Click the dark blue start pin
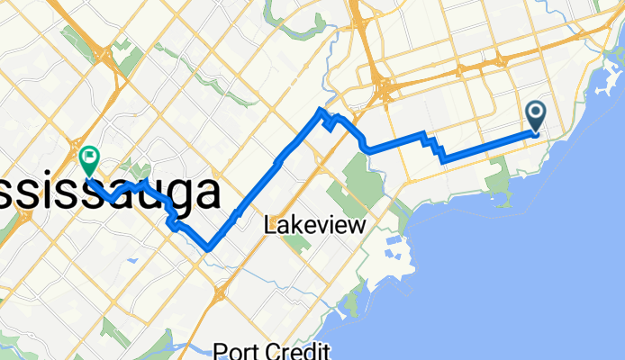tap(536, 115)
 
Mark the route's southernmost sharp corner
tap(210, 247)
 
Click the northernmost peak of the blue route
tap(320, 110)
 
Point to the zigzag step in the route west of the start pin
tap(434, 147)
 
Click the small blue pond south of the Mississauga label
tap(133, 259)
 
